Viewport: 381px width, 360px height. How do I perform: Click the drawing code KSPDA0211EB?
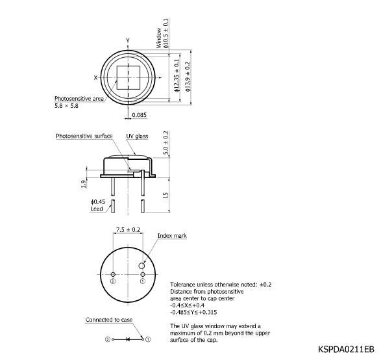345,349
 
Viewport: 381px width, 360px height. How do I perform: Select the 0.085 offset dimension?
140,115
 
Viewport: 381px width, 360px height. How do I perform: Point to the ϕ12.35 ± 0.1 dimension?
177,76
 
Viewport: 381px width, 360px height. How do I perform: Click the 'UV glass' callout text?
137,136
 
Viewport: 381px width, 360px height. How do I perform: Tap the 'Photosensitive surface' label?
84,136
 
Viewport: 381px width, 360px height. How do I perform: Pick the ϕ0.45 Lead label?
97,205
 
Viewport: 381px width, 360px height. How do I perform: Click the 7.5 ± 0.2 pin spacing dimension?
127,229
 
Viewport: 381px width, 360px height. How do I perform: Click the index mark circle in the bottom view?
143,265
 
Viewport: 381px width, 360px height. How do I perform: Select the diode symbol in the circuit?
127,339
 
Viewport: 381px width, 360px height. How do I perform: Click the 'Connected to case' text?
108,320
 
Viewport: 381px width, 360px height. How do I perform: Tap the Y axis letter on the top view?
128,41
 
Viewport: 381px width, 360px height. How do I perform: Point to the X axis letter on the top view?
95,77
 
